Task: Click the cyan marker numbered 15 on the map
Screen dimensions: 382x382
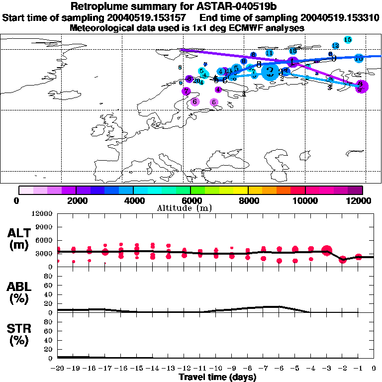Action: [348, 39]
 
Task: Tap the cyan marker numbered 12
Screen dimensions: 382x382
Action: [335, 46]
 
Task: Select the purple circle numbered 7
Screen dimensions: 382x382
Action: [186, 91]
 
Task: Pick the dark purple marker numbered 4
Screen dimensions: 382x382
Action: [218, 90]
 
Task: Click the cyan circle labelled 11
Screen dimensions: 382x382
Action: [269, 53]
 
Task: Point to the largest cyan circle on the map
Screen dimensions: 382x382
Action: [270, 73]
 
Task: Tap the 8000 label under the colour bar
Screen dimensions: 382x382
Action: [248, 200]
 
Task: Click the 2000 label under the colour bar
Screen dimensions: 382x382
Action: [76, 200]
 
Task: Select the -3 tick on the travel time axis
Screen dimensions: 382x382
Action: [326, 369]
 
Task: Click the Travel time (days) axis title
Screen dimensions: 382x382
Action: [217, 378]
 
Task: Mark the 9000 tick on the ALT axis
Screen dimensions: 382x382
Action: [44, 227]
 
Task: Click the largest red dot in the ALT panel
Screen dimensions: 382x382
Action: [327, 251]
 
